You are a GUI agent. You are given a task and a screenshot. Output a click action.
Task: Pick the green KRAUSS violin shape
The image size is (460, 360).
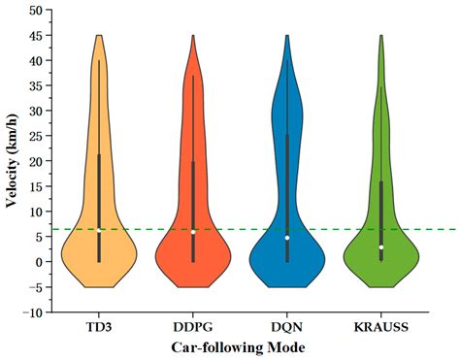[x=370, y=258]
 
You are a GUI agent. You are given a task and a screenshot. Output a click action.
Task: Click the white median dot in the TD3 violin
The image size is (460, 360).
[x=99, y=230]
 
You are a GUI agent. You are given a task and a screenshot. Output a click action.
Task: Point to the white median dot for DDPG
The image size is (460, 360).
[x=193, y=232]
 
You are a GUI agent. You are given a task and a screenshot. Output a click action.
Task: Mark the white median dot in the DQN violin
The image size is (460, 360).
[x=287, y=238]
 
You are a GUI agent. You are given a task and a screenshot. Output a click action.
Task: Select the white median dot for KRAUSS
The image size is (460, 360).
[x=381, y=247]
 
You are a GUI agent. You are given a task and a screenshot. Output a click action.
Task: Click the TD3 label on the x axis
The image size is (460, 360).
[x=99, y=327]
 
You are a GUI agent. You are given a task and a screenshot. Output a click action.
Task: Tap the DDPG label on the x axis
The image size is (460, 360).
[x=193, y=327]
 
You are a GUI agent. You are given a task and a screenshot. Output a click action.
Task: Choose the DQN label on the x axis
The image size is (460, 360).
[x=287, y=327]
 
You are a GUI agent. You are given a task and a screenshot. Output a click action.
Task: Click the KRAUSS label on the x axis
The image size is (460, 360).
[x=381, y=327]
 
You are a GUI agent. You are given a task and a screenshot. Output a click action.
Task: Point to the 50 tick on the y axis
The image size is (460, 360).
[x=34, y=10]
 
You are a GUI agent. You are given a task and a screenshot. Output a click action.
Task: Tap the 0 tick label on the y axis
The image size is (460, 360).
[x=38, y=262]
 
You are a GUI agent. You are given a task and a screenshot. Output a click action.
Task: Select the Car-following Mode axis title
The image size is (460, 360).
[x=241, y=346]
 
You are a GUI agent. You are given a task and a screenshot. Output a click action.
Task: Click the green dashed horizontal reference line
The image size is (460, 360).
[x=427, y=230]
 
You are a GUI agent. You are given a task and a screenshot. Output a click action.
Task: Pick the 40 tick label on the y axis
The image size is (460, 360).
[x=34, y=60]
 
